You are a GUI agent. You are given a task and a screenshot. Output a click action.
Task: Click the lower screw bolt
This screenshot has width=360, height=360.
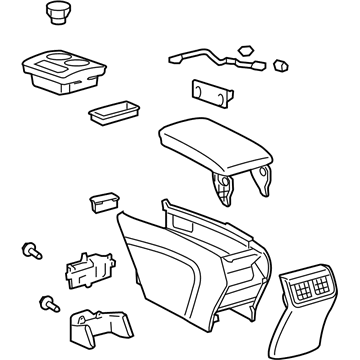point(46,301)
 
